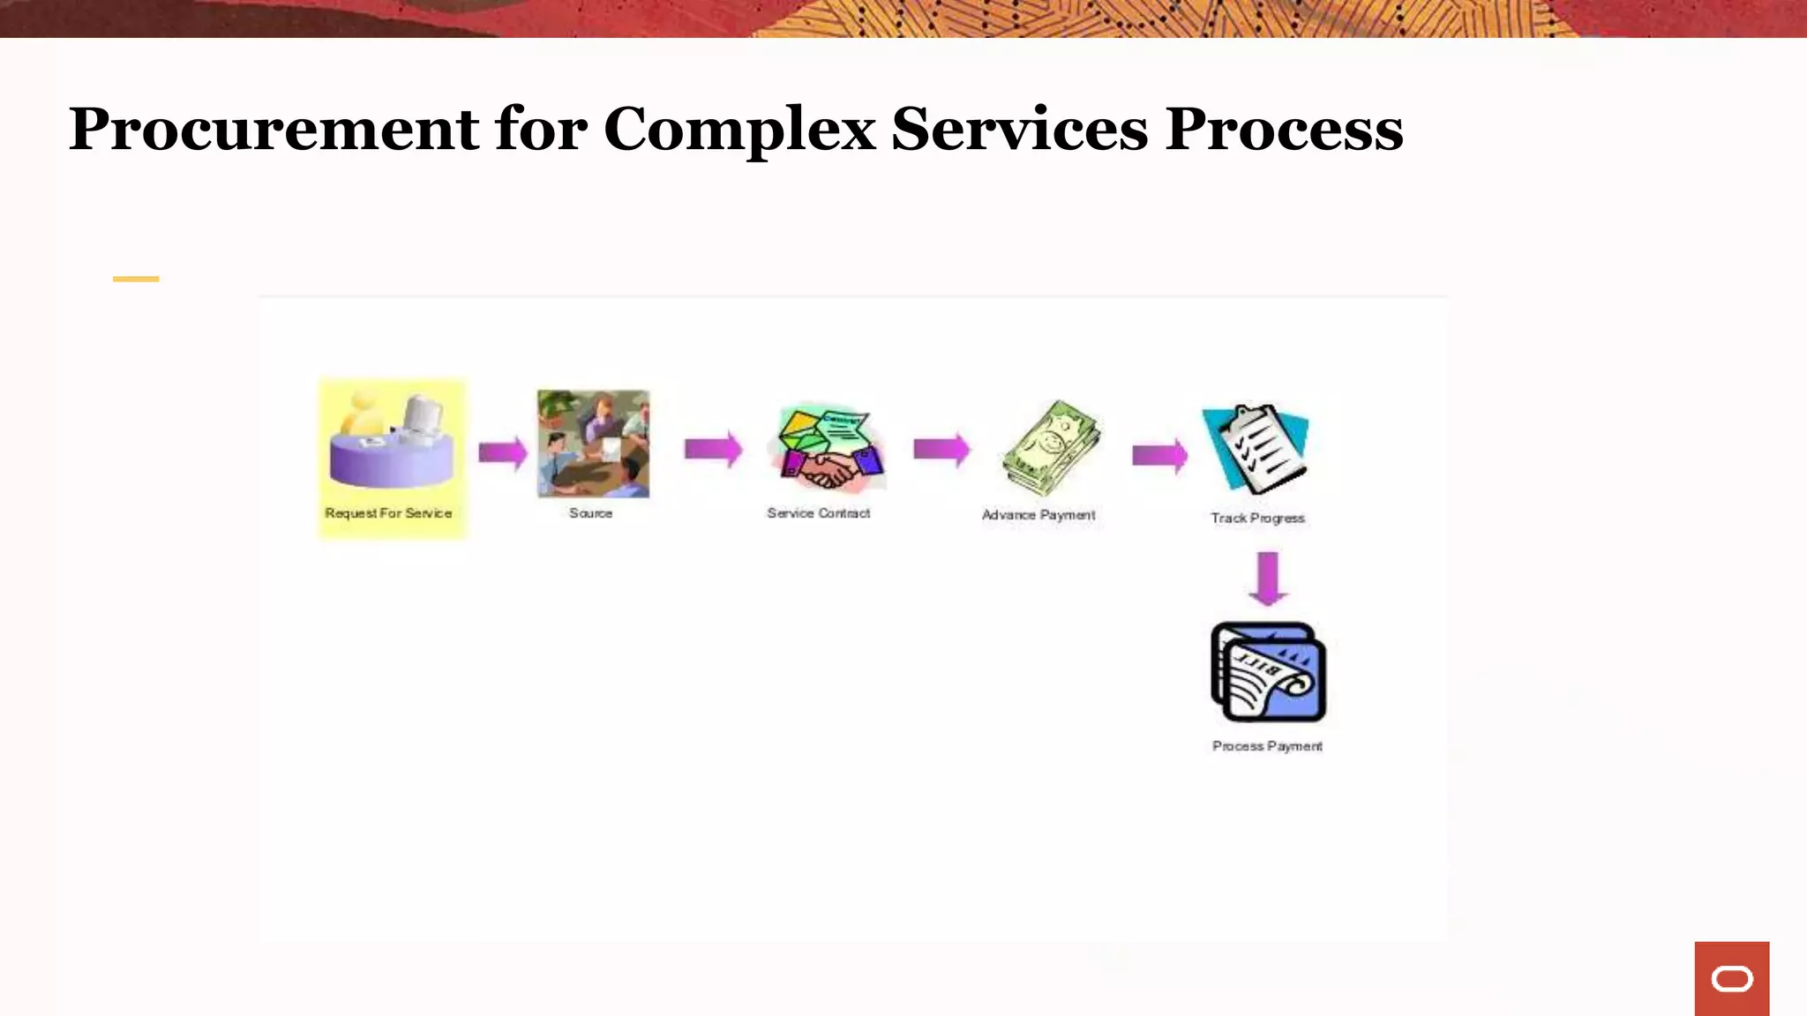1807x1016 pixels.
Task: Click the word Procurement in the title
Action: pos(274,130)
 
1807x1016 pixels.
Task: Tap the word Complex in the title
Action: pos(739,130)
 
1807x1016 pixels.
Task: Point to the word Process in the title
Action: pos(1284,130)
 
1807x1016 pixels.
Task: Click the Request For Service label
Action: pos(388,513)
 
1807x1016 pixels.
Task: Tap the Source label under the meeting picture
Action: pos(590,513)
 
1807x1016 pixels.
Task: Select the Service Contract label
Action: pos(818,513)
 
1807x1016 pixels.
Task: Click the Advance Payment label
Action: pos(1038,515)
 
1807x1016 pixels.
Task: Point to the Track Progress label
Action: pos(1257,519)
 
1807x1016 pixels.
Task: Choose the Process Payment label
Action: pos(1267,746)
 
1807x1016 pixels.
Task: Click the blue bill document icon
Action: pos(1269,673)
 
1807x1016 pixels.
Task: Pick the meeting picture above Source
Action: pos(593,444)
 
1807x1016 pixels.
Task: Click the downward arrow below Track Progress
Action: pos(1268,579)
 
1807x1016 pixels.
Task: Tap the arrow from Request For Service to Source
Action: pos(503,452)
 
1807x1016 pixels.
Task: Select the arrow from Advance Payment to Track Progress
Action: pos(1159,455)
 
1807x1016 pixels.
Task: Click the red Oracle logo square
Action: pos(1731,978)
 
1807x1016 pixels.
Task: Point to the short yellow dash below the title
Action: pos(136,279)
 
